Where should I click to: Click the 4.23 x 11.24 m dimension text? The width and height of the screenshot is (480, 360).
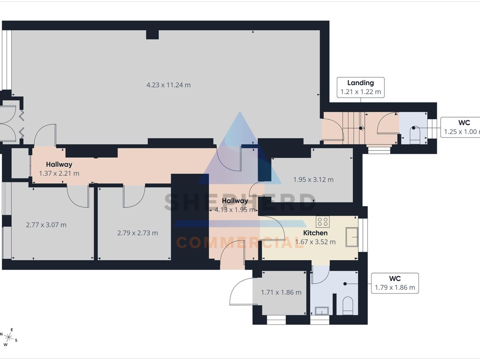pyautogui.click(x=168, y=85)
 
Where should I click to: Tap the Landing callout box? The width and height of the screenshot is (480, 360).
pyautogui.click(x=361, y=87)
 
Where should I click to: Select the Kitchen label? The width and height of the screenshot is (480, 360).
pyautogui.click(x=315, y=233)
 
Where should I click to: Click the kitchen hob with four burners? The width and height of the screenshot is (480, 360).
pyautogui.click(x=323, y=222)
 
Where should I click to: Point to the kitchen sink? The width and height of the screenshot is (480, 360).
pyautogui.click(x=352, y=237)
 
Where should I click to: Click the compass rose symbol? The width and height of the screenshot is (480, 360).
pyautogui.click(x=9, y=338)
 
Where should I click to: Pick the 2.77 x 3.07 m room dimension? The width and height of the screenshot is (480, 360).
pyautogui.click(x=46, y=225)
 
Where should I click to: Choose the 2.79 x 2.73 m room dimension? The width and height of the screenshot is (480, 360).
pyautogui.click(x=138, y=233)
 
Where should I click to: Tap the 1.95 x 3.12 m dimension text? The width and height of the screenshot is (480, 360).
pyautogui.click(x=314, y=179)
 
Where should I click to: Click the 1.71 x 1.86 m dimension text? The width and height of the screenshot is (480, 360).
pyautogui.click(x=281, y=293)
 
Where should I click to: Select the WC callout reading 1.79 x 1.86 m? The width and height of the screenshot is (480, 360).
pyautogui.click(x=395, y=283)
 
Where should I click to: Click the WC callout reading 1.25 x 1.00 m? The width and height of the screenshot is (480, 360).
pyautogui.click(x=461, y=127)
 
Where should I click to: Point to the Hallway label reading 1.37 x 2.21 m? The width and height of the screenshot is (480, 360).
pyautogui.click(x=59, y=169)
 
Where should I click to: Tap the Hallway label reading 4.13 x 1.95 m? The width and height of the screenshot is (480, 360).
pyautogui.click(x=235, y=205)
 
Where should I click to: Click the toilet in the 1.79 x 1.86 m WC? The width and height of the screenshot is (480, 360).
pyautogui.click(x=347, y=306)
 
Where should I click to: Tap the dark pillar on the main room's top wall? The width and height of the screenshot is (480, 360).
pyautogui.click(x=152, y=34)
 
